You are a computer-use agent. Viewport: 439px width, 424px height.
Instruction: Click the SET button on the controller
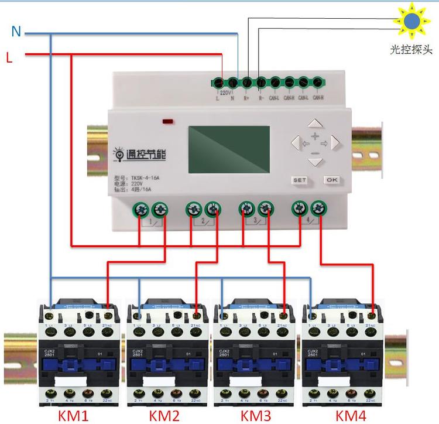tap(299, 180)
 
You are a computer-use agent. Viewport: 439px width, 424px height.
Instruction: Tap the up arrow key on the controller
tap(315, 124)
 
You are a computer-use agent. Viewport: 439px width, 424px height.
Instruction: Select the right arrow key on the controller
tap(335, 142)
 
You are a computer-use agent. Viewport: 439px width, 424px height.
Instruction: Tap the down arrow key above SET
tap(315, 160)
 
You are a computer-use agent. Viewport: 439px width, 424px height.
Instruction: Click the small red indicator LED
tap(167, 122)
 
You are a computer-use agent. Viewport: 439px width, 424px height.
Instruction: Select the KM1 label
tap(73, 415)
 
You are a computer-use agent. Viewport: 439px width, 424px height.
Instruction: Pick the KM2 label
tap(165, 415)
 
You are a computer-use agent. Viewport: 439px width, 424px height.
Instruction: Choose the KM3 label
tap(256, 415)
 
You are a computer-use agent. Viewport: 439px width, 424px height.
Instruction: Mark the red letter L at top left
tap(9, 57)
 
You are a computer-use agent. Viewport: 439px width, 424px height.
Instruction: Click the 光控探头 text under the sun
tap(411, 50)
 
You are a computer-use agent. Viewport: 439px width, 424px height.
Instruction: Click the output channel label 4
tap(308, 221)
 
